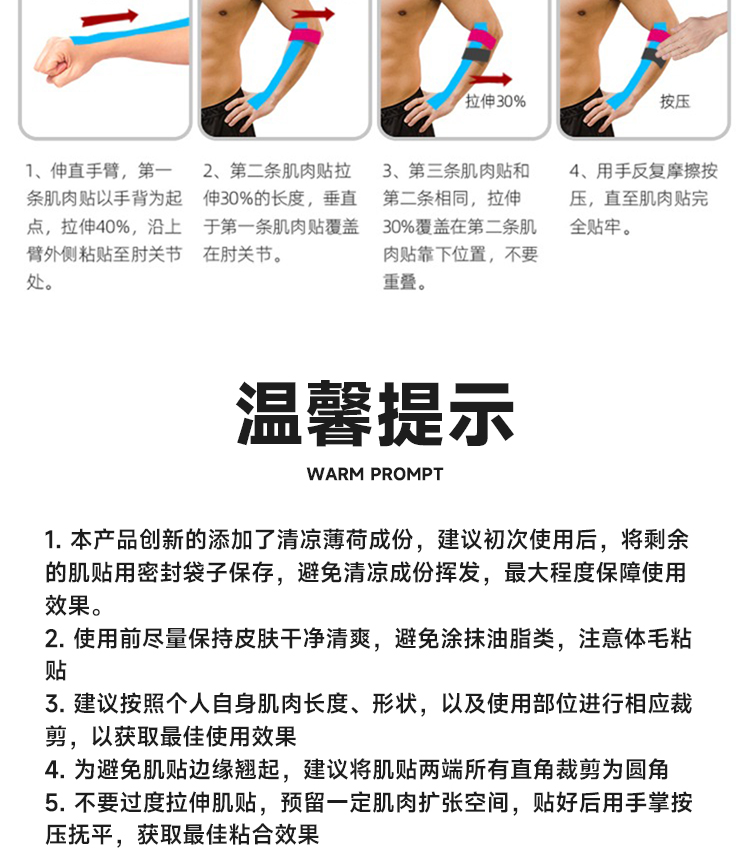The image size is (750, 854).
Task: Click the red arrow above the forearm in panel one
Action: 109,17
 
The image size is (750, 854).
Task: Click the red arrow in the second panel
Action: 313,14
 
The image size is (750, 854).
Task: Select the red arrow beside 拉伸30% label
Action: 490,80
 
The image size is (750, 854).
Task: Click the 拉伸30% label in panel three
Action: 495,101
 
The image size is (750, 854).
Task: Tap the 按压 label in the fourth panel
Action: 675,101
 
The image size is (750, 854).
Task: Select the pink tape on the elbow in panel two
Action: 306,35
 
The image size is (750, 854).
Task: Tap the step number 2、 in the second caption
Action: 215,171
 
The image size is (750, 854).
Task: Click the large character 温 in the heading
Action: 269,414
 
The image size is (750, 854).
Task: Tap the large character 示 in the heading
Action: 481,414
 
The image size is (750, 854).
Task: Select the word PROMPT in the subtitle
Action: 407,474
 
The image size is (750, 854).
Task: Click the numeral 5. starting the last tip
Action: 56,803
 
